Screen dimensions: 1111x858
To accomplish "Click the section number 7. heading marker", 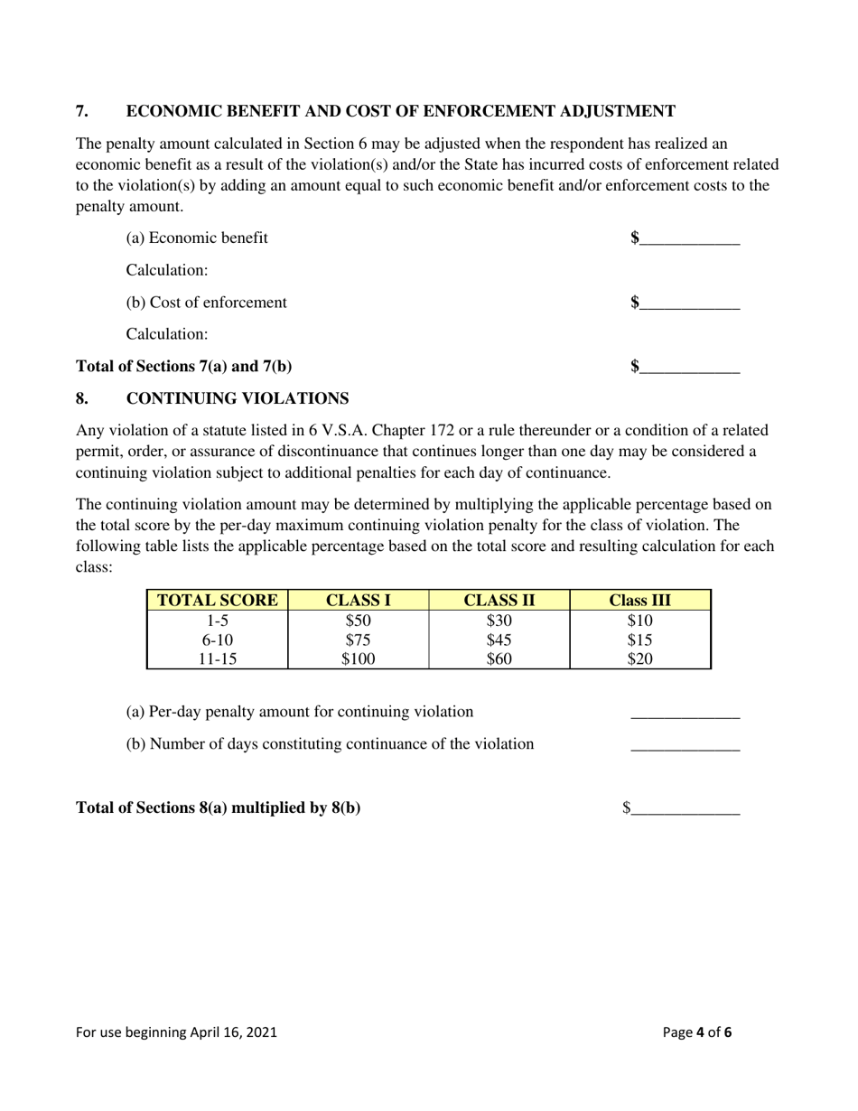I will pos(82,111).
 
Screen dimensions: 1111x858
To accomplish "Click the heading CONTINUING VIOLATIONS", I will pos(238,398).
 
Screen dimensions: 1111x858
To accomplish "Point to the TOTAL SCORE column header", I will pos(218,601).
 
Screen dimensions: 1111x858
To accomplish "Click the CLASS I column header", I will pos(358,601).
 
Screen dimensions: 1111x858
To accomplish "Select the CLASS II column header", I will pos(499,601).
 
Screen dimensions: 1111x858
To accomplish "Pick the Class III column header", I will pos(640,601).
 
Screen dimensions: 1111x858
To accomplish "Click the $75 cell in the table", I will pos(358,640).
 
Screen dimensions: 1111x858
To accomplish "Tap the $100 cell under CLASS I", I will pos(358,658).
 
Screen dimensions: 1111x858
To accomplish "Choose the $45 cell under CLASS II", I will pos(499,640).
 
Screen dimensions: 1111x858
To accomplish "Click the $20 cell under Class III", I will pos(640,658).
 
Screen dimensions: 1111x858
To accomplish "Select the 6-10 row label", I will pos(218,640).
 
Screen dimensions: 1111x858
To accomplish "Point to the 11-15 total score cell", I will pos(218,658).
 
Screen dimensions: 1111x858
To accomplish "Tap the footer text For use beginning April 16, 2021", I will pos(176,1032).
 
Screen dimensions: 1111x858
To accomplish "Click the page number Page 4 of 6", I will pos(697,1032).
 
